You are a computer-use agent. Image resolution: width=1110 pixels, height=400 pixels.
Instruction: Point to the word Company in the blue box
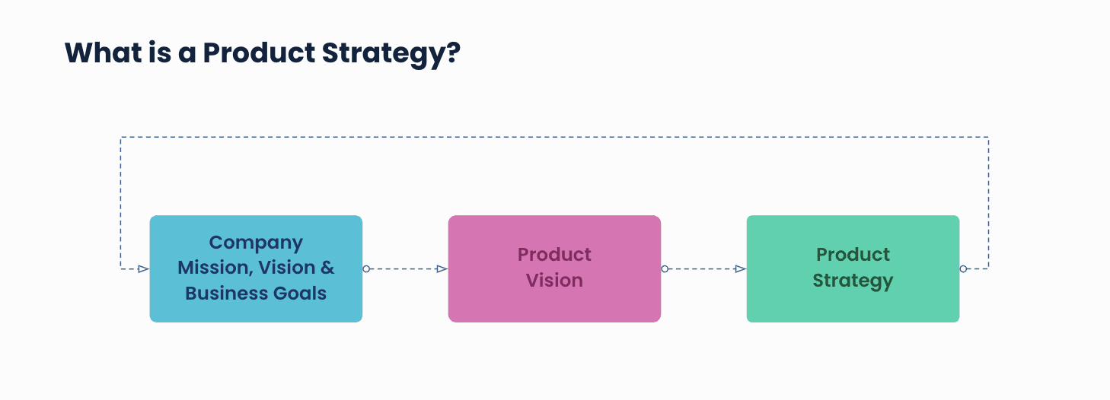click(256, 243)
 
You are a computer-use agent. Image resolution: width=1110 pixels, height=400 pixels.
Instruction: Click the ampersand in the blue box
click(327, 268)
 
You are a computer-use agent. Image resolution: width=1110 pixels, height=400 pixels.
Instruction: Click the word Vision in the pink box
click(554, 281)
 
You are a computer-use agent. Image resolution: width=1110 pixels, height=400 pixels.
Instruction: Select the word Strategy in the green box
click(853, 281)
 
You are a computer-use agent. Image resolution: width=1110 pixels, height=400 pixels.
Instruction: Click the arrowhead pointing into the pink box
click(442, 268)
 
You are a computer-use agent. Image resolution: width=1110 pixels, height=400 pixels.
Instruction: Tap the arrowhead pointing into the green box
click(740, 268)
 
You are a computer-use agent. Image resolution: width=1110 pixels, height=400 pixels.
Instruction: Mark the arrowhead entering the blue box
click(143, 268)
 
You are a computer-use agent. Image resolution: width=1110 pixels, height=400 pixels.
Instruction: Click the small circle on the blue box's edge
click(366, 268)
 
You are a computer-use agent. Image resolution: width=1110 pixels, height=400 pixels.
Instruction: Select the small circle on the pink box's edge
click(665, 268)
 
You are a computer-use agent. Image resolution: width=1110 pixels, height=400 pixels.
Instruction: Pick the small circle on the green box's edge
click(963, 268)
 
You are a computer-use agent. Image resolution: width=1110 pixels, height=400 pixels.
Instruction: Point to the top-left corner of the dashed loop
click(120, 137)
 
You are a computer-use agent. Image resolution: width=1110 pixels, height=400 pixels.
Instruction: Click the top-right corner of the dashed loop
click(988, 137)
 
